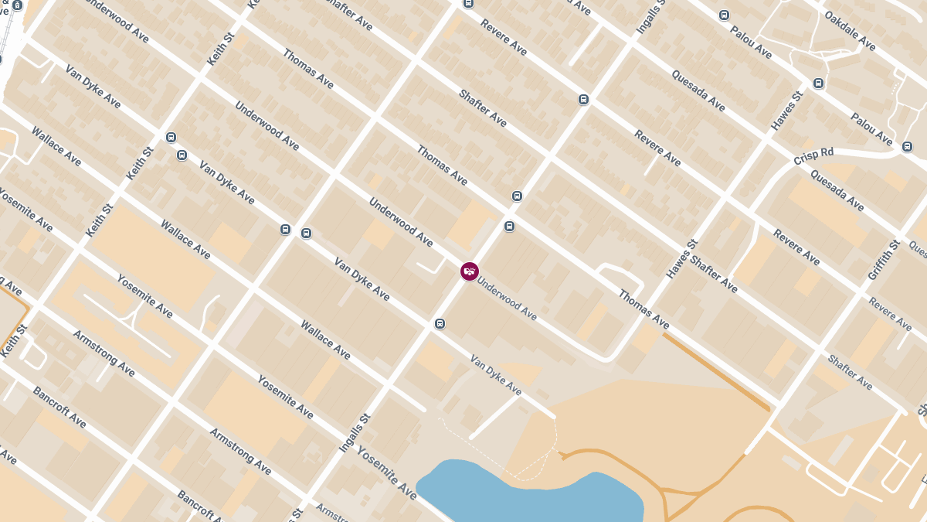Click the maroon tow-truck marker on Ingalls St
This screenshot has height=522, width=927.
[469, 271]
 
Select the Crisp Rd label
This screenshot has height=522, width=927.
[814, 156]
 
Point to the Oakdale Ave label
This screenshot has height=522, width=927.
[849, 30]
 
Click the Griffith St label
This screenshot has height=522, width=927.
[884, 261]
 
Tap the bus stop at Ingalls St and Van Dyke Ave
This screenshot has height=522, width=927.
[440, 323]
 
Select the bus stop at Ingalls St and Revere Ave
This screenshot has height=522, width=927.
[583, 99]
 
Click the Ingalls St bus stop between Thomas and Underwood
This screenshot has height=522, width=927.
[509, 226]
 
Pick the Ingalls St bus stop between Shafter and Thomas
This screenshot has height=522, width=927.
[517, 196]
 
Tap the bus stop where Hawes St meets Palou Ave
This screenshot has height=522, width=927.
[818, 83]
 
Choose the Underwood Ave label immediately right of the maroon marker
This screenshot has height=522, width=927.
[507, 299]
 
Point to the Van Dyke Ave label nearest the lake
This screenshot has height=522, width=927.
[496, 375]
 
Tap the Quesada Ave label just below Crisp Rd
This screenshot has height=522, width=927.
[837, 190]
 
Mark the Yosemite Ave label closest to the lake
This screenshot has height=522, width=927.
[386, 472]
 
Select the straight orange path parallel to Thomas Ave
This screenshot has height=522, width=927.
[716, 371]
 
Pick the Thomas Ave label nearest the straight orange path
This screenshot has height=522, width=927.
[643, 309]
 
